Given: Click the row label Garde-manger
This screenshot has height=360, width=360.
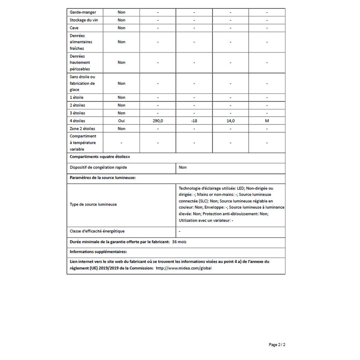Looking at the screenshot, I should (x=83, y=12).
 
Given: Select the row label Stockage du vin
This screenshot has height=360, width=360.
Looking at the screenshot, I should (x=84, y=20).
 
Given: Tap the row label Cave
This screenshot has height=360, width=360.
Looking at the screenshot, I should (x=74, y=28).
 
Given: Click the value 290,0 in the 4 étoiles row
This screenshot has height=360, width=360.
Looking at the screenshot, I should (x=158, y=121).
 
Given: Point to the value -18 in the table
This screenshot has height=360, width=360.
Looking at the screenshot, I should (x=194, y=121).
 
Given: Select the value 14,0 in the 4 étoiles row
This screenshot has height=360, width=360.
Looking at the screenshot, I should (x=230, y=121).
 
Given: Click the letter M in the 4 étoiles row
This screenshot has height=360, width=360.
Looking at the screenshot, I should (x=267, y=121).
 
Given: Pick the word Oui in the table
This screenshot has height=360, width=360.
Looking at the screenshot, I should (x=121, y=121).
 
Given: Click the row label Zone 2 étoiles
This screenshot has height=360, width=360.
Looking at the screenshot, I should (x=82, y=129).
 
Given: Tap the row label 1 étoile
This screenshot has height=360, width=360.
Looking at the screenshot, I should (x=76, y=97).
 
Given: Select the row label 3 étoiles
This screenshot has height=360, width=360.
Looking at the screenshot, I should (x=77, y=113).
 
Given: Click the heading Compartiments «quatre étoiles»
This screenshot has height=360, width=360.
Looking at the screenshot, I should (x=100, y=157).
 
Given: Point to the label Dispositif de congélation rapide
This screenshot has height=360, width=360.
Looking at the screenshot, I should (x=98, y=167).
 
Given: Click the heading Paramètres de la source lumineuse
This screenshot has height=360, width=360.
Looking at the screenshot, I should (x=103, y=178).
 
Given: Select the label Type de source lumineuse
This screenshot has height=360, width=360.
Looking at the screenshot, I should (x=93, y=204).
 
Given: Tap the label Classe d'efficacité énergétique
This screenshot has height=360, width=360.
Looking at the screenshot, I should (x=97, y=231).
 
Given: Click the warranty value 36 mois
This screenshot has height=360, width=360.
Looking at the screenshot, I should (x=179, y=242).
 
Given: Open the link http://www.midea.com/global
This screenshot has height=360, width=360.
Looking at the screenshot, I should (x=184, y=268).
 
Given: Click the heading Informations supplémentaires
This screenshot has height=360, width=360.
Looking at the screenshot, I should (x=98, y=252).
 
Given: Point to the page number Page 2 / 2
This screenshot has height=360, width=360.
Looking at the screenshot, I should (x=277, y=345).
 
